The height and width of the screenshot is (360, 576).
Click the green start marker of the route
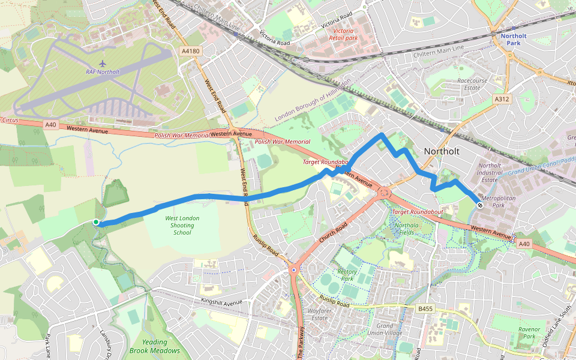(x=96, y=223)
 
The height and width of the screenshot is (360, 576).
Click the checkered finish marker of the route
(x=480, y=205)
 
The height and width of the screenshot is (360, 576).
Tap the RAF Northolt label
(x=103, y=72)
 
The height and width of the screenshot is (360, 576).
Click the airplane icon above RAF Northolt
(x=103, y=62)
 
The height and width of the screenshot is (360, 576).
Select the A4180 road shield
(x=190, y=52)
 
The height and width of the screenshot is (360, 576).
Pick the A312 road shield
(x=502, y=98)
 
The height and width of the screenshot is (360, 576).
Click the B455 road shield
(x=425, y=308)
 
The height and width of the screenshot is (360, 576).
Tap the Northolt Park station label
(x=513, y=40)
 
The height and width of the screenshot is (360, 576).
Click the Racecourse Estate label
(x=469, y=84)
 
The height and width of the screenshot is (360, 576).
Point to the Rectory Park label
(x=347, y=275)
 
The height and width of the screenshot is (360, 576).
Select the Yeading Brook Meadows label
(x=154, y=346)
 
